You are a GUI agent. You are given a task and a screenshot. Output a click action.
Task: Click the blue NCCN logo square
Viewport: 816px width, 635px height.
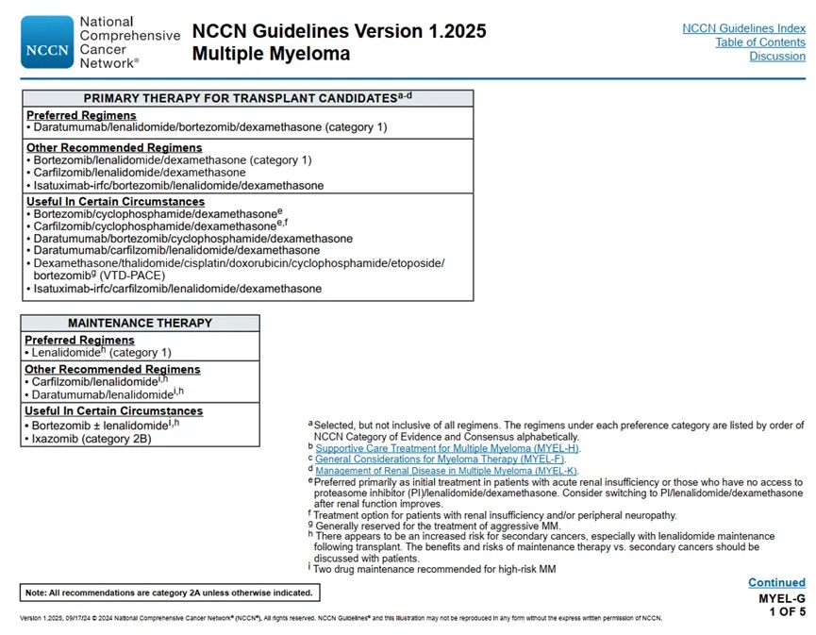[x=47, y=42]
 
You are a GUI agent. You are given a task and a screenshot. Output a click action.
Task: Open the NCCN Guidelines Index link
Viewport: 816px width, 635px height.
[x=743, y=28]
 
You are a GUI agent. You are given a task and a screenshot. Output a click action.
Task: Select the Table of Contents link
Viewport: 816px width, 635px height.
[x=759, y=42]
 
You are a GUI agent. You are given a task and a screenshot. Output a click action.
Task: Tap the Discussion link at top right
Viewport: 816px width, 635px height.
[x=777, y=57]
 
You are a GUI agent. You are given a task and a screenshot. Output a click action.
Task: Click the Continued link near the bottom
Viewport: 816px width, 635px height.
[x=776, y=583]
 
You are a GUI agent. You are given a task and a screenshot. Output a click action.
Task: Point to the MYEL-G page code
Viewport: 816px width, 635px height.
[x=782, y=598]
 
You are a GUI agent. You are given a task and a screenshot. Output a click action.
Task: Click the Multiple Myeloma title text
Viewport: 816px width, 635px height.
[x=271, y=54]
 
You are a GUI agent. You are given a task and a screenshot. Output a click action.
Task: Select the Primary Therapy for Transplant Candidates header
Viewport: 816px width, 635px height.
[x=247, y=98]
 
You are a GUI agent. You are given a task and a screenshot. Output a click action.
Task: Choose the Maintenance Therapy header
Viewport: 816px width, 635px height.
[x=140, y=323]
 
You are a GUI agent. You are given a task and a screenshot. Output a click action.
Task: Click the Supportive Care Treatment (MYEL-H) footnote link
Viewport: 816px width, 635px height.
[x=447, y=448]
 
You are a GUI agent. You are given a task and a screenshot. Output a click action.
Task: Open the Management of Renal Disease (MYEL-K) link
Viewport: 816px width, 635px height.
[x=446, y=471]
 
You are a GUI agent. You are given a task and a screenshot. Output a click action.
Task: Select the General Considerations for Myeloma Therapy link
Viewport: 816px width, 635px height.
[x=440, y=460]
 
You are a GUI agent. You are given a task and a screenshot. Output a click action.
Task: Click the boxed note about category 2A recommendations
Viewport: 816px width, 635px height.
[x=169, y=593]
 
